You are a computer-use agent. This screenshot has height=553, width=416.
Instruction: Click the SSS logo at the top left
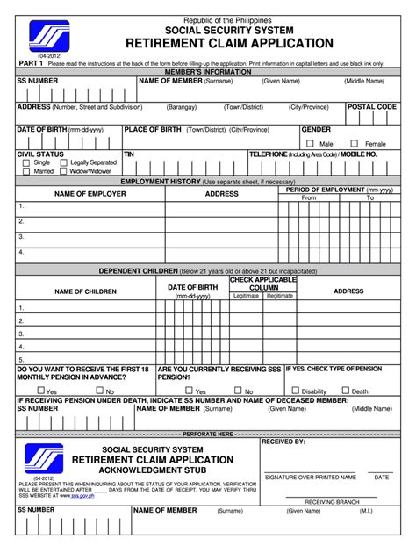click(x=48, y=38)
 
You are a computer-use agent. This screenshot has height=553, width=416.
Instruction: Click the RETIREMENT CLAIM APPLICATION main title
click(x=229, y=43)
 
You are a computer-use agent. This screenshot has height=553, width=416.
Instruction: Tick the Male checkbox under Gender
click(x=310, y=143)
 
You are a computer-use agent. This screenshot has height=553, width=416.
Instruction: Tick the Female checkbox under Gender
click(x=354, y=143)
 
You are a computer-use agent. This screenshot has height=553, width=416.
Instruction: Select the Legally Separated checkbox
click(x=63, y=162)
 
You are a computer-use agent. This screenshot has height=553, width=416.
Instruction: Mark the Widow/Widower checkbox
click(x=63, y=171)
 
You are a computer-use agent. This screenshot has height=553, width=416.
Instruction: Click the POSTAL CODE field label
click(x=372, y=107)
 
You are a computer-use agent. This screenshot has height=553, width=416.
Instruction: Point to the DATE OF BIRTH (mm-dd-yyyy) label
click(x=61, y=129)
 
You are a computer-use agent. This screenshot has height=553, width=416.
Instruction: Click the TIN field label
click(x=129, y=154)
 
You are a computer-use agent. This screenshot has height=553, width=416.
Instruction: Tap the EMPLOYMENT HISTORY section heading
click(x=208, y=181)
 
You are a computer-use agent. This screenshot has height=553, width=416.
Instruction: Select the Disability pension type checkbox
click(x=296, y=391)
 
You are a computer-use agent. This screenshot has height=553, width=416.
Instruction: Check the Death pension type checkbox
click(x=346, y=391)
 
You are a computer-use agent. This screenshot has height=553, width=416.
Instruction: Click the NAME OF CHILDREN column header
click(x=86, y=291)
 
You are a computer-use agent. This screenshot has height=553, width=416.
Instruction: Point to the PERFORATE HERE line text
click(x=208, y=434)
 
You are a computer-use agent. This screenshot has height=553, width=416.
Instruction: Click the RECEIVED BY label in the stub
click(x=283, y=442)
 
